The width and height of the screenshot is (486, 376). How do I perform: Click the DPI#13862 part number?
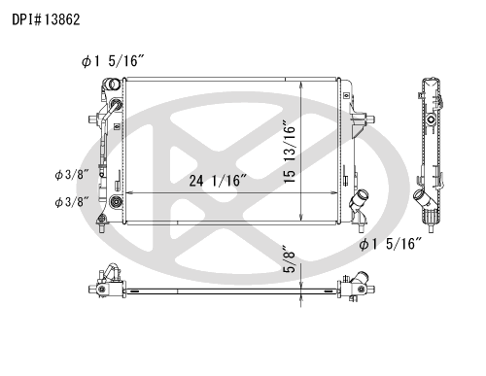(46, 19)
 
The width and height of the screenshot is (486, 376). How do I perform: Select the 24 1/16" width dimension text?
(218, 181)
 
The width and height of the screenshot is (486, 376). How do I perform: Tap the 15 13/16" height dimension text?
(290, 152)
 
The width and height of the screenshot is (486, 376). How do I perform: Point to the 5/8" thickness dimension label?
(290, 259)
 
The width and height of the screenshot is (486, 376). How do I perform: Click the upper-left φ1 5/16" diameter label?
(113, 61)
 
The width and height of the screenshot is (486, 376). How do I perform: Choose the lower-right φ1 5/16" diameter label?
(391, 244)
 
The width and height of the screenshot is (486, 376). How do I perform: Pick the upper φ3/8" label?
(72, 175)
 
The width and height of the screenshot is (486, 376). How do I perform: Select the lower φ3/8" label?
(72, 202)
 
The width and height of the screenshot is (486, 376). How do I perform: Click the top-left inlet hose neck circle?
(115, 85)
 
